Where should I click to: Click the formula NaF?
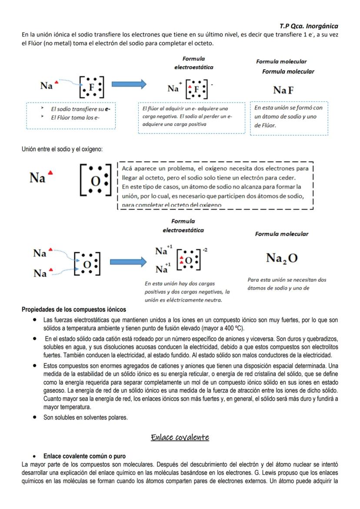[283, 90]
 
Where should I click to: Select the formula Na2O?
[282, 258]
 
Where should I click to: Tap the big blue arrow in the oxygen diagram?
[128, 262]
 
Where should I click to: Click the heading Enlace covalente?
[180, 437]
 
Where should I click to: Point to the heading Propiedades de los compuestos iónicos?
[74, 309]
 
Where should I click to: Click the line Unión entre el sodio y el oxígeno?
[62, 150]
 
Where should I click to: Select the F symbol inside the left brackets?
[91, 87]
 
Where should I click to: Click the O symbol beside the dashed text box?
[95, 180]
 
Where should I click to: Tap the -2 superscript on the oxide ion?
[205, 250]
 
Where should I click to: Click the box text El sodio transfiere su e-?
[80, 109]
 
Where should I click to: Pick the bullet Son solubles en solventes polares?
[85, 417]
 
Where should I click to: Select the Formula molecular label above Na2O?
[281, 234]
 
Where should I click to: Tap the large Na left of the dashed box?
[38, 178]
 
